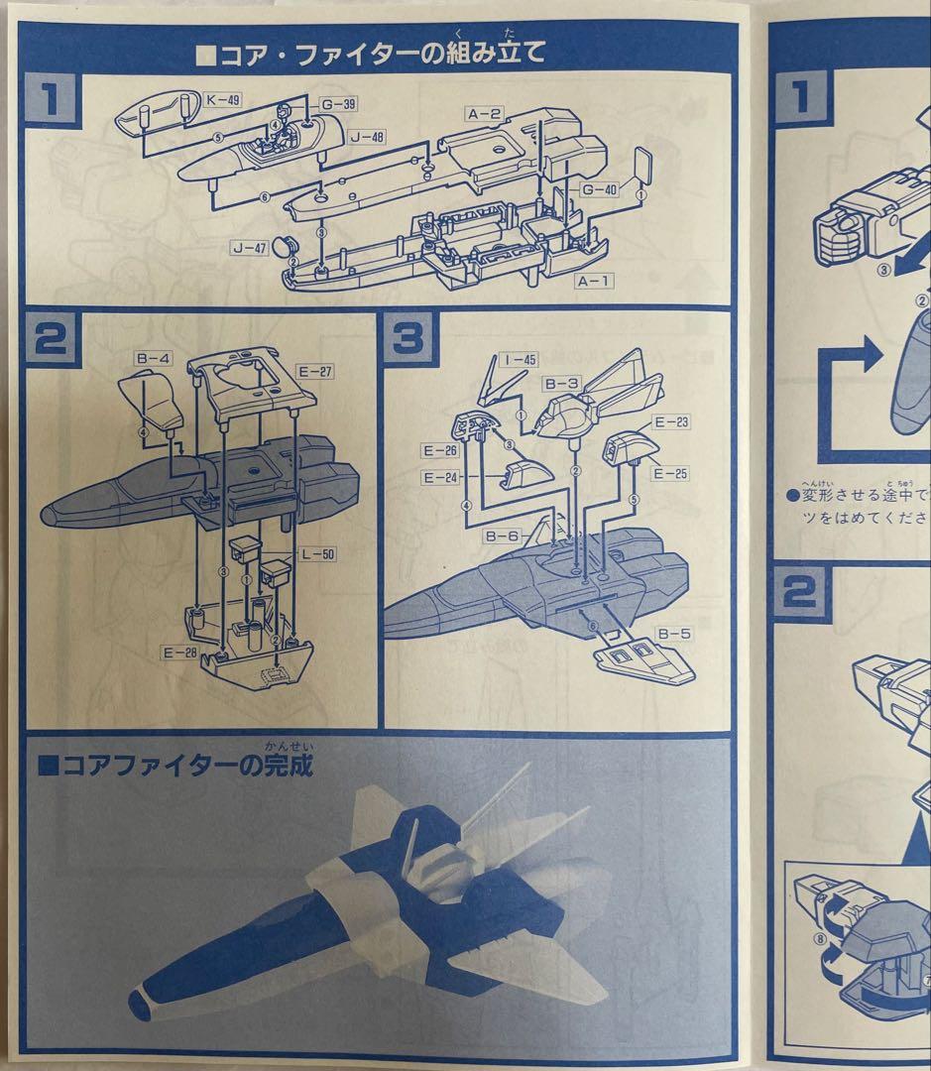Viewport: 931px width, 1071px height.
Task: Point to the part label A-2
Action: [x=486, y=114]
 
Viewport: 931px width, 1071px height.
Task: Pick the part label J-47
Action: [x=248, y=249]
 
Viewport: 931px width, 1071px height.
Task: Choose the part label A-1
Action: [x=595, y=282]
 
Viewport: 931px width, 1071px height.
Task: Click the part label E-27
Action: [x=316, y=372]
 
